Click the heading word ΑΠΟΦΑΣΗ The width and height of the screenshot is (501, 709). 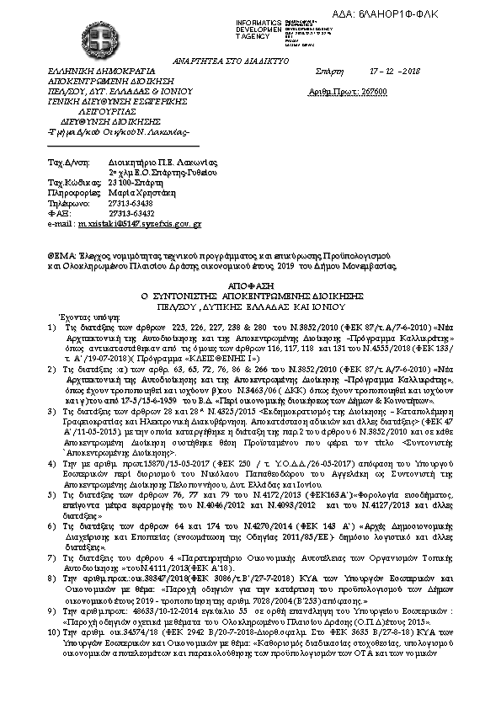(250, 286)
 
